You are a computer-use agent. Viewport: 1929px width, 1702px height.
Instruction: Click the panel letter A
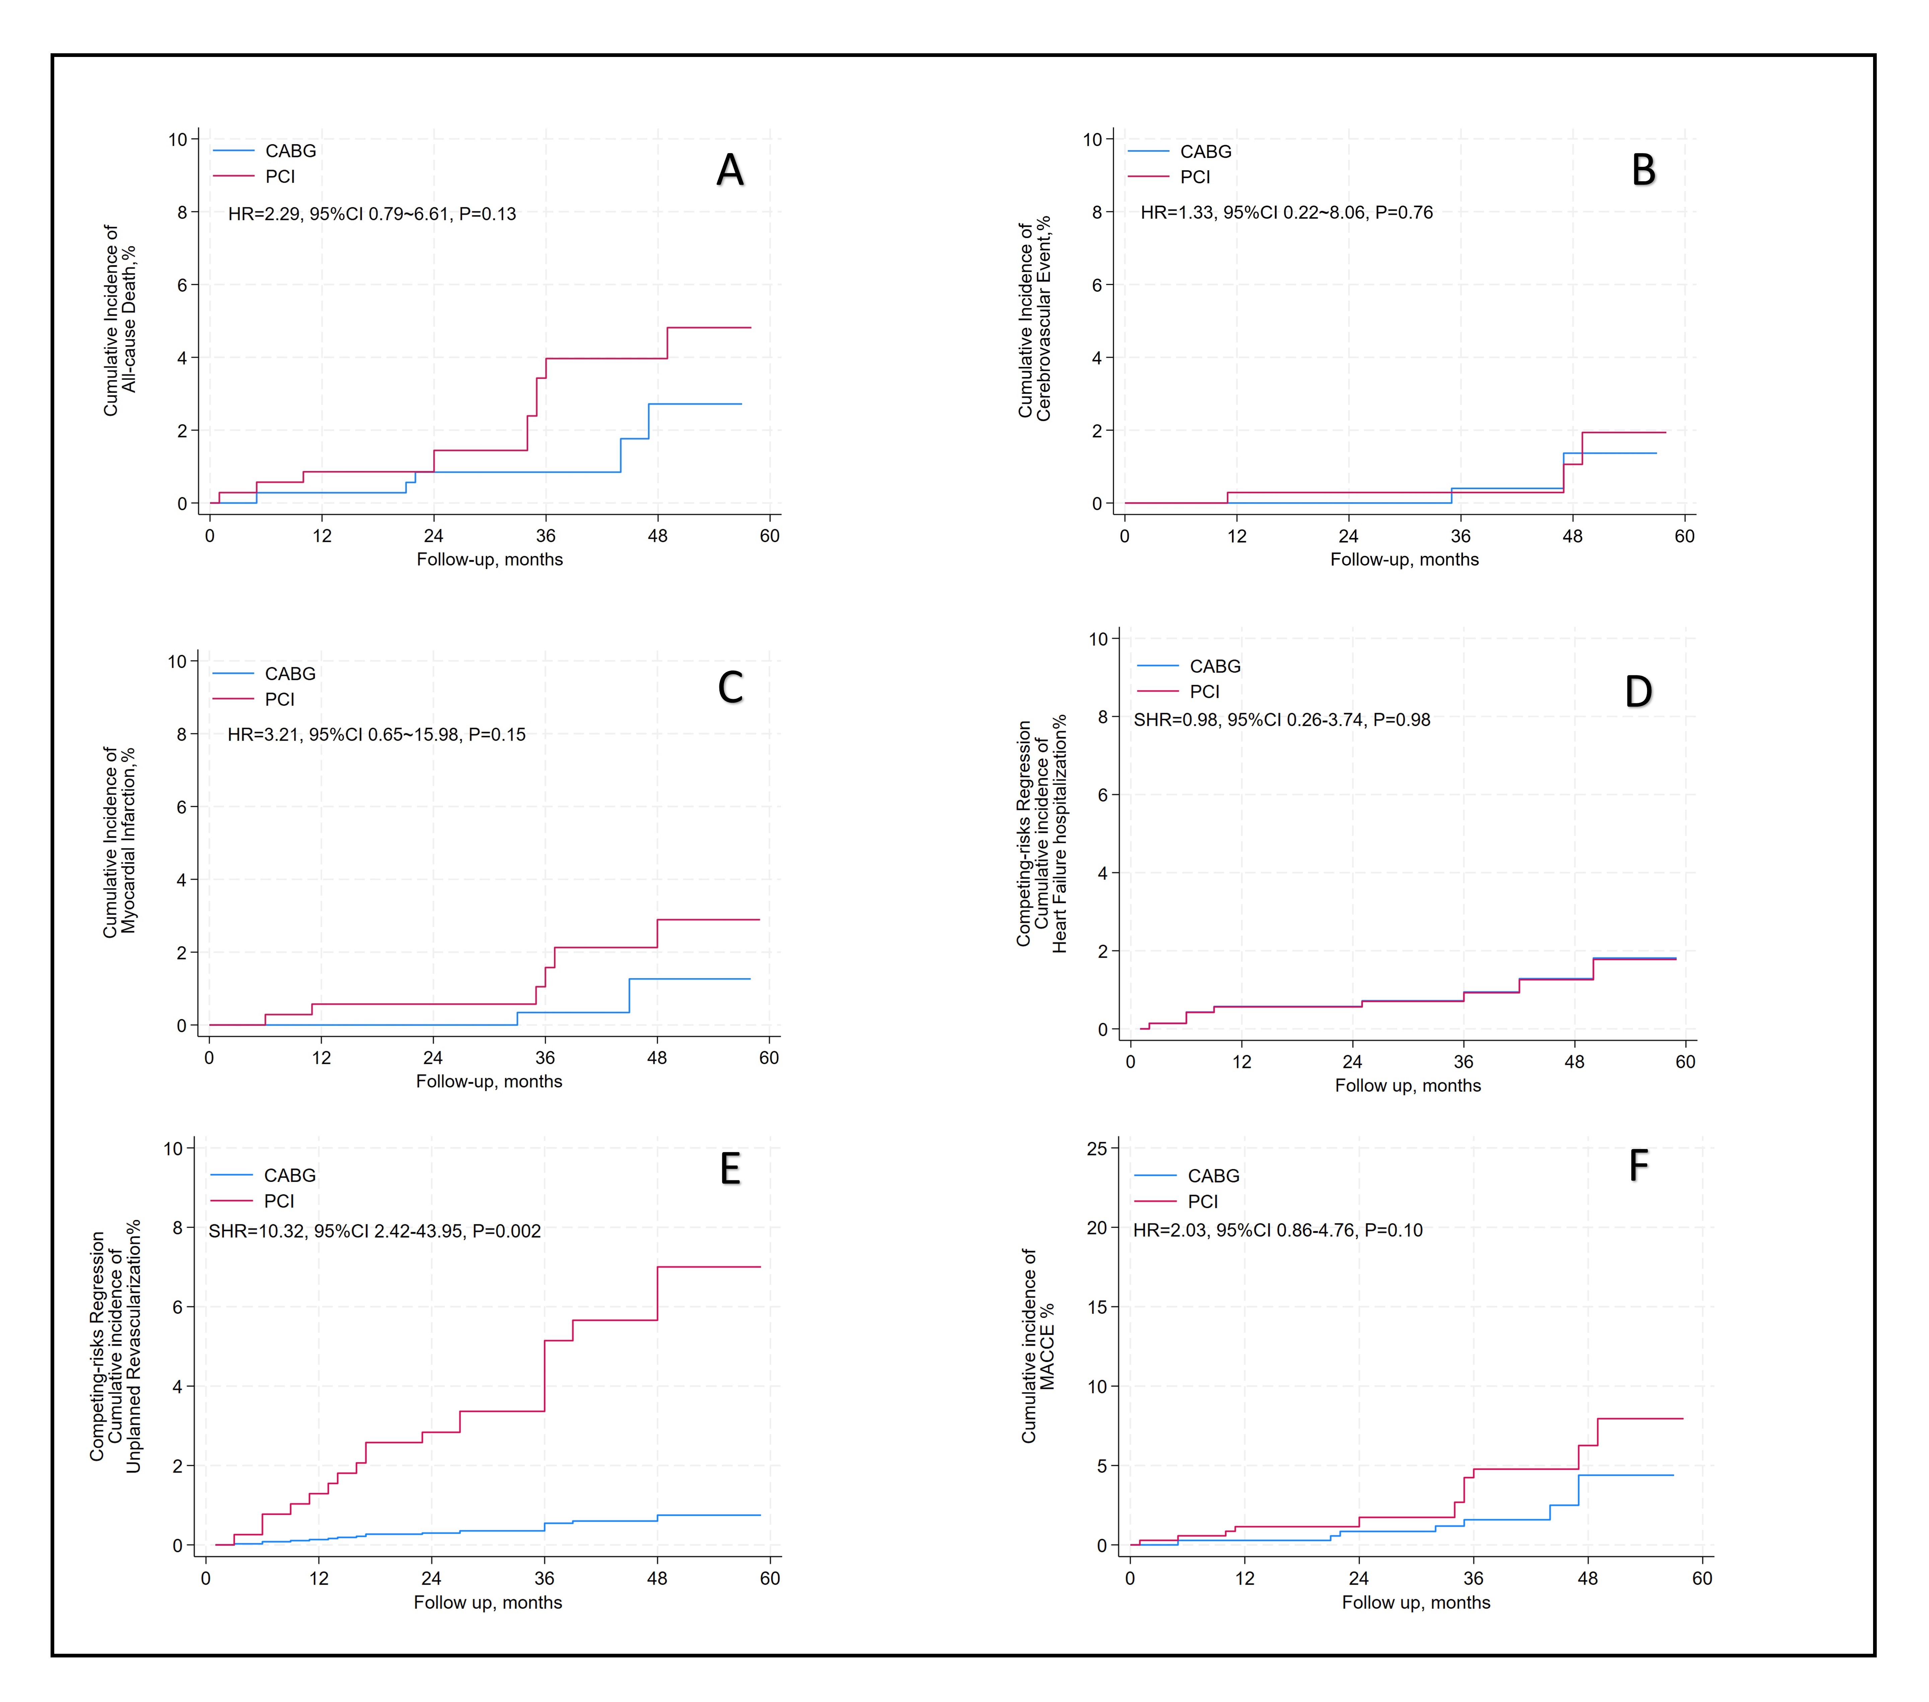pos(729,171)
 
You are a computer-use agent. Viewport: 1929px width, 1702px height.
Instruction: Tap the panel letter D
pos(1638,692)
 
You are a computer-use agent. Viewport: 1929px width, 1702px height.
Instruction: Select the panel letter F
pos(1638,1166)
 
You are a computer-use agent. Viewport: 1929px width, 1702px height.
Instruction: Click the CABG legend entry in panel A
pos(290,151)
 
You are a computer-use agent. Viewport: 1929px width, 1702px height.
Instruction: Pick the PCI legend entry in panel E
pos(278,1201)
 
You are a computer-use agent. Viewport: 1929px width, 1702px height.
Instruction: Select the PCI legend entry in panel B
pos(1195,178)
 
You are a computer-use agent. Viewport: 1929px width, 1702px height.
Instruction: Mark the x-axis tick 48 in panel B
pos(1572,536)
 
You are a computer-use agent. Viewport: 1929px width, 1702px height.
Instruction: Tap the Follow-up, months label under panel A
pos(490,560)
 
